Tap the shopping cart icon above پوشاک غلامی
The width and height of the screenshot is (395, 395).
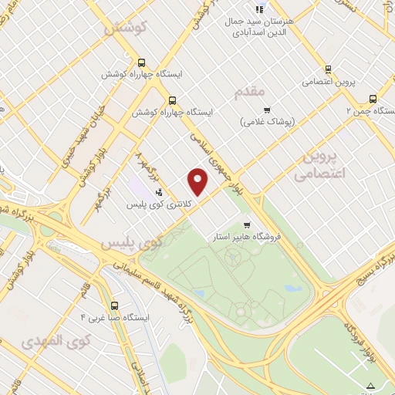pyautogui.click(x=268, y=110)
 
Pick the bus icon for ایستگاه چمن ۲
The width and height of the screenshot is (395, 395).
pyautogui.click(x=373, y=99)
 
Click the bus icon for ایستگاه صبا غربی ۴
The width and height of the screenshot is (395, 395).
pyautogui.click(x=114, y=305)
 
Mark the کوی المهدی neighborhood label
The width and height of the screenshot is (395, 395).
pyautogui.click(x=57, y=339)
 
